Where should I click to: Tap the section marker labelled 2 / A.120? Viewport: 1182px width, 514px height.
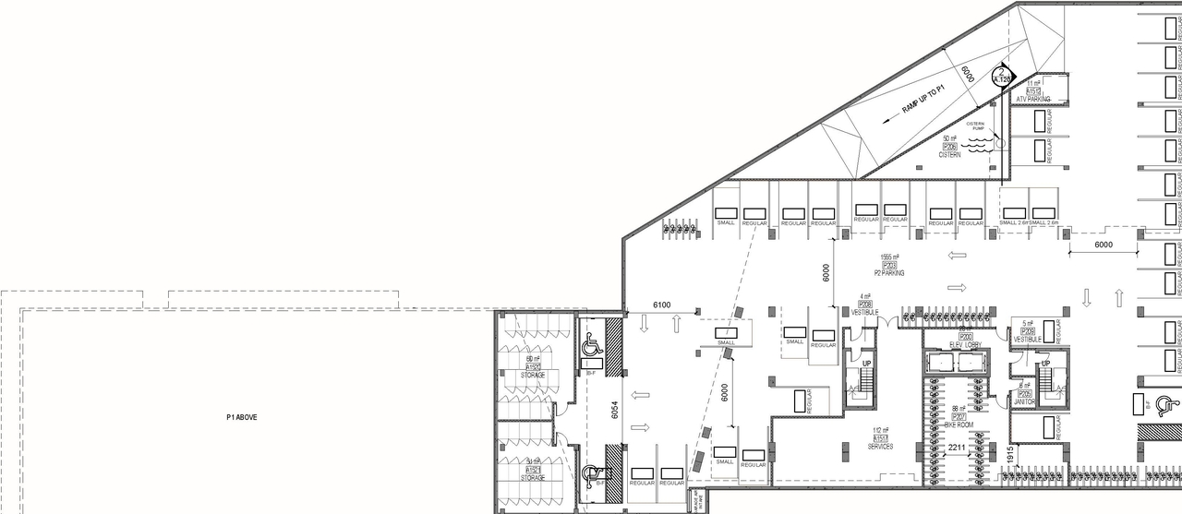coord(1002,76)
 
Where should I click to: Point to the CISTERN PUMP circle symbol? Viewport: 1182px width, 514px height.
coord(996,142)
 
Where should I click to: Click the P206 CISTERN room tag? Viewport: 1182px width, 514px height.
coord(949,147)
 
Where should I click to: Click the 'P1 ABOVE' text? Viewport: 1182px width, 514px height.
coord(242,417)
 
